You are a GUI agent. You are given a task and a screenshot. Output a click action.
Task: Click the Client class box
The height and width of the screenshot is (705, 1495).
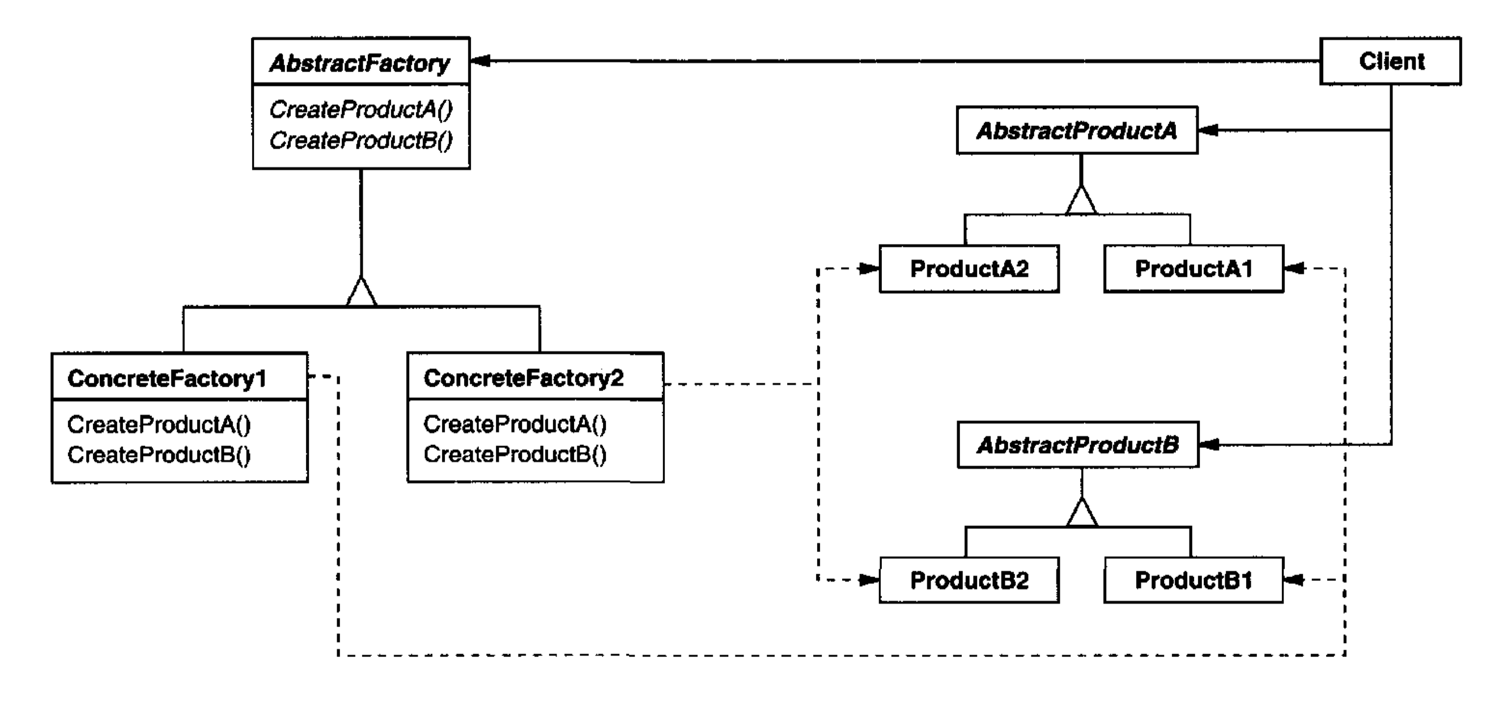1391,61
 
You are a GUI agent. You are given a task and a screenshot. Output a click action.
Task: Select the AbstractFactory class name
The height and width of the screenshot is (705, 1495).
360,63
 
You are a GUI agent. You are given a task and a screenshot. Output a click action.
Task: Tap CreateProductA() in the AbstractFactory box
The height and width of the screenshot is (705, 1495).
360,109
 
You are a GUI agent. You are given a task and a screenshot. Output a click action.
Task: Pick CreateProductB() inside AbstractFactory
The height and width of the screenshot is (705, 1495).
360,140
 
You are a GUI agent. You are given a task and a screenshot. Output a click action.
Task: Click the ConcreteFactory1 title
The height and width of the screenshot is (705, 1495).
167,379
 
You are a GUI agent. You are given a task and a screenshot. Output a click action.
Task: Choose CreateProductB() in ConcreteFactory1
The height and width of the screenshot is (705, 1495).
159,455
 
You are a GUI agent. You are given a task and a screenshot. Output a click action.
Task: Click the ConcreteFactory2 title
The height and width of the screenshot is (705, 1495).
524,379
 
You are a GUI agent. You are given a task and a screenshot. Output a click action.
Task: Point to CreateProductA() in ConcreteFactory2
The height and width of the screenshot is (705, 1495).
515,424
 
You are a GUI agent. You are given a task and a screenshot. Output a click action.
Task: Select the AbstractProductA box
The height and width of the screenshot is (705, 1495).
1077,130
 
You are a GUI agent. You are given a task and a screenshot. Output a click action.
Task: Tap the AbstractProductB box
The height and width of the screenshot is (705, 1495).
1078,445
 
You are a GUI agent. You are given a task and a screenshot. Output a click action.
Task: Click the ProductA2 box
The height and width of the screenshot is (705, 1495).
969,269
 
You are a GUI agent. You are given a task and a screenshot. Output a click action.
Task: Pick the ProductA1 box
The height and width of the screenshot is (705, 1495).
1193,269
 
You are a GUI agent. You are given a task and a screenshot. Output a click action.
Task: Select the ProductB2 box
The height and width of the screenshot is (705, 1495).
969,580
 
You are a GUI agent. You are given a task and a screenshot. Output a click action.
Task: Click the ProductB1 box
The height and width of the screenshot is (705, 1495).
1193,580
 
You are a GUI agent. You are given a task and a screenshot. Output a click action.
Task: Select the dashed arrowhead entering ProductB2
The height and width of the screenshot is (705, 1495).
869,580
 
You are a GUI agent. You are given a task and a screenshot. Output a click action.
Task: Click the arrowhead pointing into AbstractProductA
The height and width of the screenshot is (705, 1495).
1208,130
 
